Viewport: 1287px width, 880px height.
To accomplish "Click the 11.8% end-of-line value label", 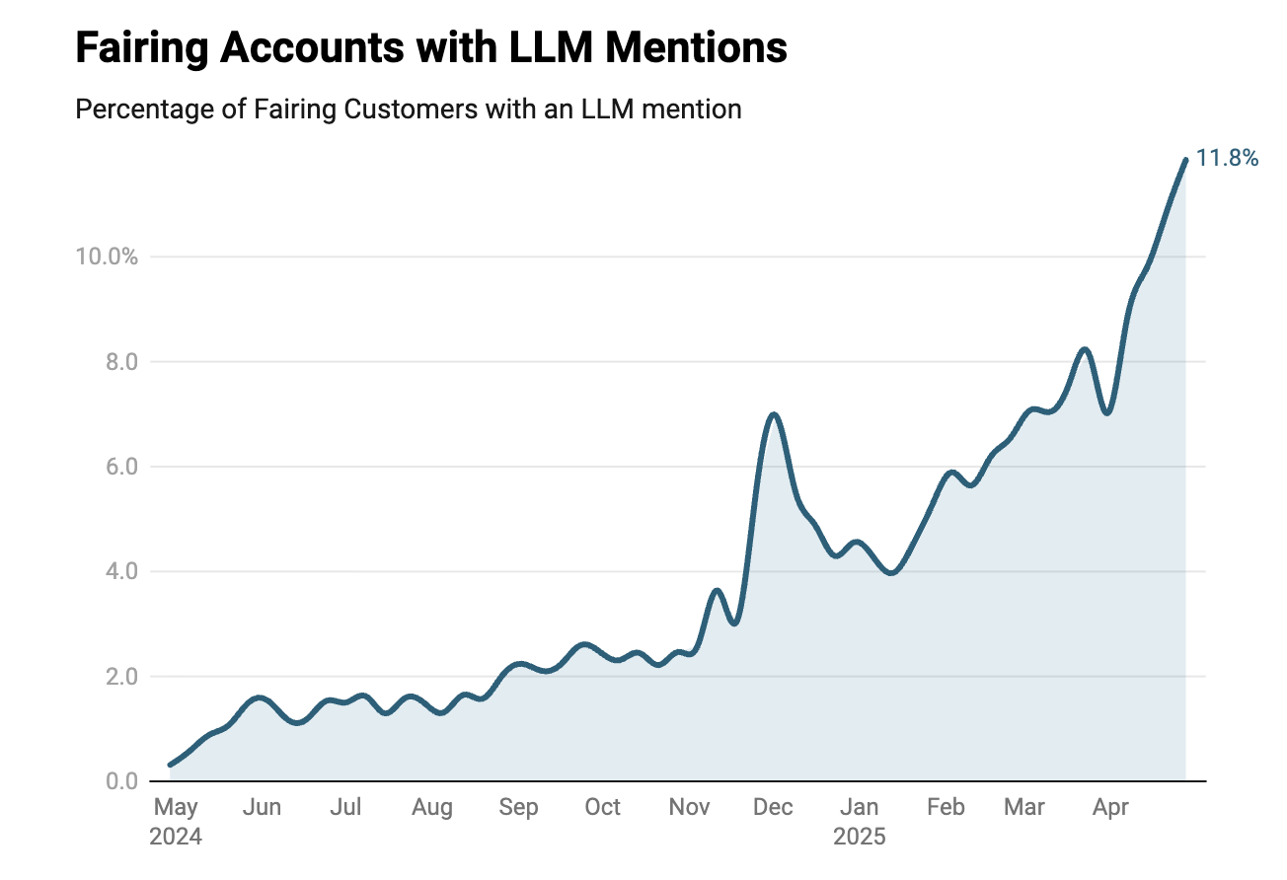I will click(x=1227, y=158).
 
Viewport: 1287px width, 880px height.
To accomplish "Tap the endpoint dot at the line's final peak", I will click(x=1184, y=159).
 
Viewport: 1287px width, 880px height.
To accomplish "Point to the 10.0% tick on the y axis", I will click(x=106, y=257).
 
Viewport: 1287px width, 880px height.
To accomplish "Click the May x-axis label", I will click(x=176, y=808).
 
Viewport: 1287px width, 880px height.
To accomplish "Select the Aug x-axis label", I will click(x=432, y=808).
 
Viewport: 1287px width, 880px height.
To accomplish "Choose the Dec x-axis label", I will click(x=773, y=808).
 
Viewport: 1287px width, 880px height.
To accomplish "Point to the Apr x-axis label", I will click(x=1111, y=808).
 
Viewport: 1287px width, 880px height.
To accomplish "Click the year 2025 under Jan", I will click(x=860, y=838).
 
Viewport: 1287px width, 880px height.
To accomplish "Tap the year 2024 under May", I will click(x=176, y=838).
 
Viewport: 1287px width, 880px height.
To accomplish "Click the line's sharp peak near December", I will click(x=774, y=414).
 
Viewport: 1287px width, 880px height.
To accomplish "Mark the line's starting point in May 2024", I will click(x=171, y=765).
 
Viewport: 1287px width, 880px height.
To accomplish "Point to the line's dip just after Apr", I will click(x=1108, y=412).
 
